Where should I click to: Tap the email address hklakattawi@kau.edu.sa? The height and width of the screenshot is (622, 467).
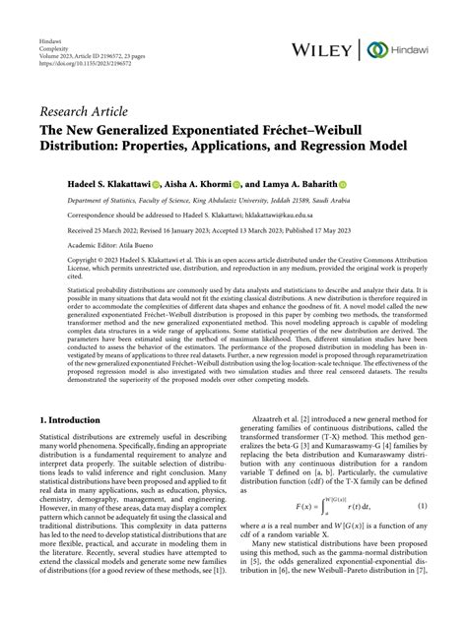point(282,218)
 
